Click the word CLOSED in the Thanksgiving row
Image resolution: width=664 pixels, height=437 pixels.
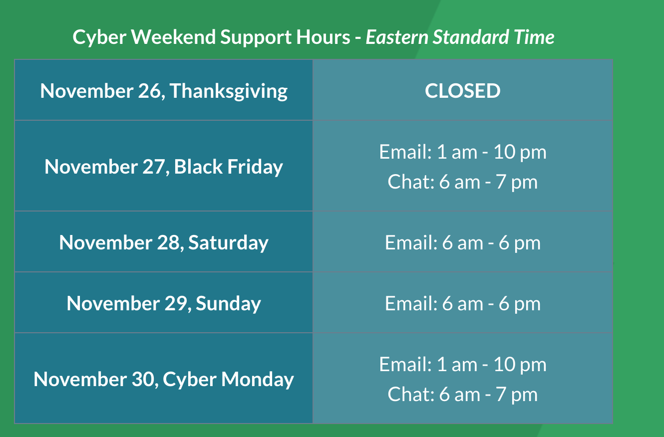[x=462, y=91]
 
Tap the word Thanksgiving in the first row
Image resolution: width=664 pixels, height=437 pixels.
[x=229, y=92]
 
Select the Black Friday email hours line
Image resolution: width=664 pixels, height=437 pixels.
[x=462, y=152]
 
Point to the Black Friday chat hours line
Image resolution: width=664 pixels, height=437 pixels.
[x=462, y=182]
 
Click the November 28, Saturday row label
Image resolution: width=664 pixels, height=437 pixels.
[x=164, y=242]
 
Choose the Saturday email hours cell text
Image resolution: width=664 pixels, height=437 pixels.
[x=462, y=242]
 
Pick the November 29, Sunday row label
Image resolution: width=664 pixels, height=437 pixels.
[x=164, y=304]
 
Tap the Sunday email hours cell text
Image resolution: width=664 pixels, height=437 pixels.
[x=462, y=304]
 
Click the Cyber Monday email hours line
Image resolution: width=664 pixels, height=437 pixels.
[x=462, y=364]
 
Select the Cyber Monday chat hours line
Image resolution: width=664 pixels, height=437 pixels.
[x=462, y=394]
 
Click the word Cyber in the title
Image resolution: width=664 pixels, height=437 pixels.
[x=100, y=38]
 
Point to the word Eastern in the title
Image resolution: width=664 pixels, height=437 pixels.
[x=397, y=37]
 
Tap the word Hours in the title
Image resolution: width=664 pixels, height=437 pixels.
[x=323, y=37]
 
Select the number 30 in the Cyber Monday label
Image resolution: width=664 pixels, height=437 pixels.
[x=143, y=379]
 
